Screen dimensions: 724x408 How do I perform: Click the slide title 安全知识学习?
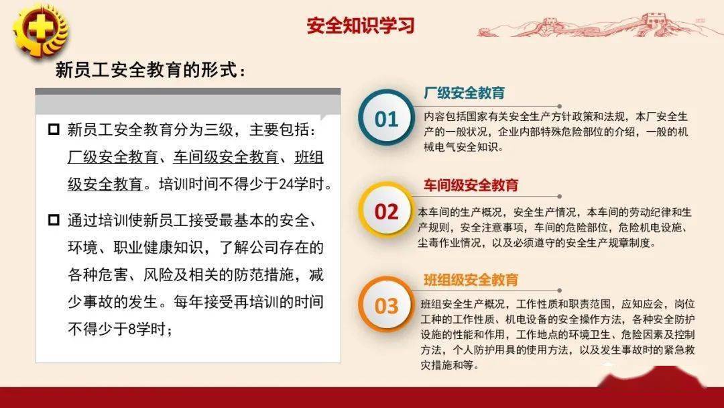(x=361, y=25)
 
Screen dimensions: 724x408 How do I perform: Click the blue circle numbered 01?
(x=387, y=118)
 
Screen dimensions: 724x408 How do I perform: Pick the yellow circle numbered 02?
(x=387, y=211)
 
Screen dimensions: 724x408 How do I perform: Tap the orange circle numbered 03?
(x=387, y=305)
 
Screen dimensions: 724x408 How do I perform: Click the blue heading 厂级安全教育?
(x=464, y=93)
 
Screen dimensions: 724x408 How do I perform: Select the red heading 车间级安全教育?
(x=471, y=185)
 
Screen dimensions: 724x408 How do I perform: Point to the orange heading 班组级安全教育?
(x=471, y=280)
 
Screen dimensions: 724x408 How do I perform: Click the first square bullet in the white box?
(x=54, y=129)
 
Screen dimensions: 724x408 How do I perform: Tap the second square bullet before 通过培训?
(x=54, y=219)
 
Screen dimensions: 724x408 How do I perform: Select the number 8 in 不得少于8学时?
(x=131, y=329)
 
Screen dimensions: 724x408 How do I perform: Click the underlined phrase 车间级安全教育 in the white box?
(x=226, y=157)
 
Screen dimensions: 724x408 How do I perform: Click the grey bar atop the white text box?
(x=188, y=101)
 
